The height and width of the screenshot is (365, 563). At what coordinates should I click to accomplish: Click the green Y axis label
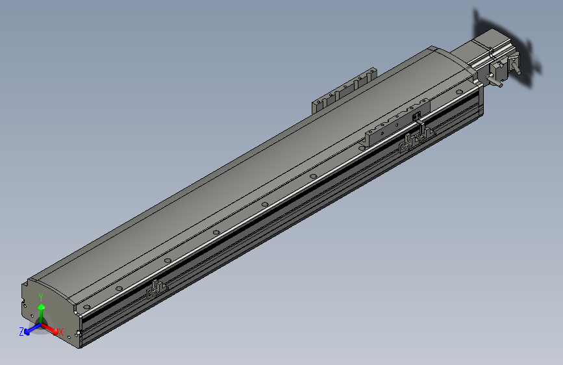(41, 297)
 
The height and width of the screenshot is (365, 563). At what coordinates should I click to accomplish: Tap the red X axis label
(60, 332)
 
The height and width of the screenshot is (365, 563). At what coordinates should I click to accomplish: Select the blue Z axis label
(21, 331)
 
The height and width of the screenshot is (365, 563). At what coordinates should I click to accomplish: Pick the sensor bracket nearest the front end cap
(156, 288)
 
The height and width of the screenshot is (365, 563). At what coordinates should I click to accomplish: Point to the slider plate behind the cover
(344, 90)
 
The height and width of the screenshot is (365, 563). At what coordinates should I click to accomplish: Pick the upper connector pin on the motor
(516, 65)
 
